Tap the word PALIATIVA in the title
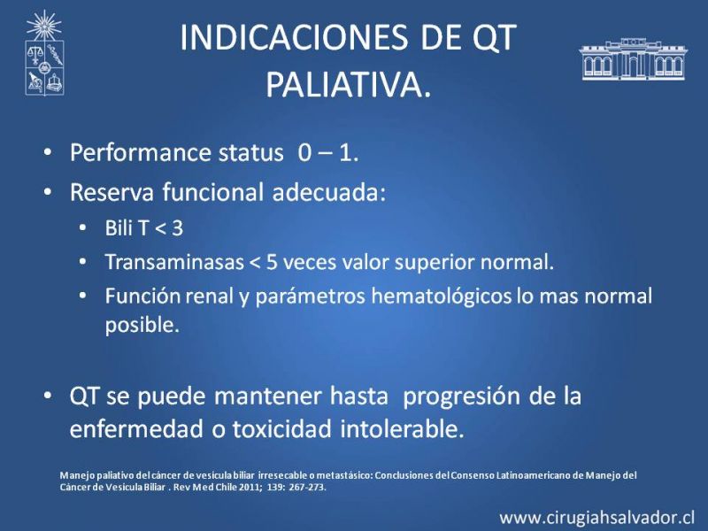[344, 85]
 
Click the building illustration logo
[633, 59]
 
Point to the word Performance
[141, 153]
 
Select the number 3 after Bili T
[178, 228]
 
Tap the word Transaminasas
[174, 262]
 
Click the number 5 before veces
[272, 262]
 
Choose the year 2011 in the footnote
[239, 488]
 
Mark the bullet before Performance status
[48, 152]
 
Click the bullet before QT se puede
[48, 396]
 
